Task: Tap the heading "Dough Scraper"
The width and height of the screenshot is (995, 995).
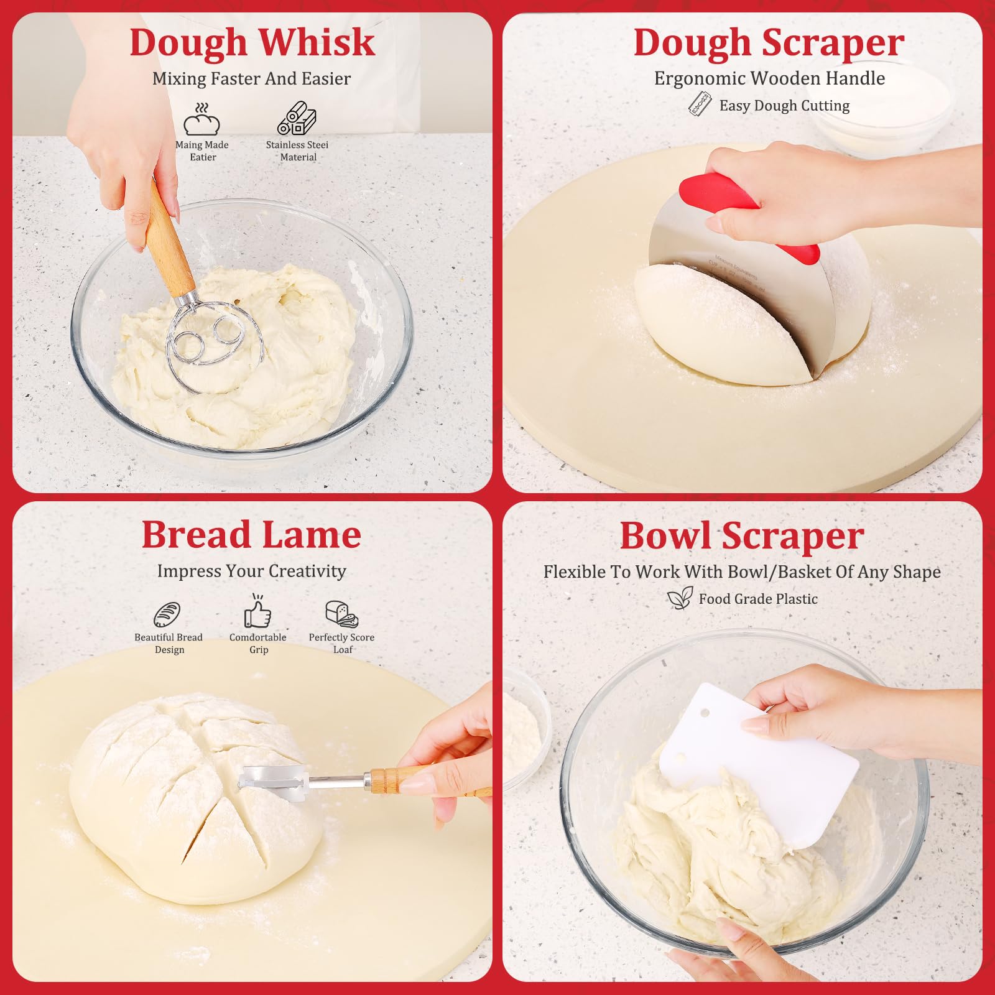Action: (x=769, y=44)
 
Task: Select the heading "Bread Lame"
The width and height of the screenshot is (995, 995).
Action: (x=251, y=535)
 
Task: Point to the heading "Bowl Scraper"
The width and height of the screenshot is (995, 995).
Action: (x=742, y=536)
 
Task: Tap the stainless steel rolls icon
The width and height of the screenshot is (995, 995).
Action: (x=297, y=118)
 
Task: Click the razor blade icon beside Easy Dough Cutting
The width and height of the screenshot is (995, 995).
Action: (x=700, y=104)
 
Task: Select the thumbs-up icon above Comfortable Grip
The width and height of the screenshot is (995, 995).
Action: (x=257, y=611)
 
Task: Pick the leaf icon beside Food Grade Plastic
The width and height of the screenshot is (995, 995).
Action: (x=680, y=598)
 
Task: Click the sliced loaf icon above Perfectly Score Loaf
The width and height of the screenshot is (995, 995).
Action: (x=341, y=614)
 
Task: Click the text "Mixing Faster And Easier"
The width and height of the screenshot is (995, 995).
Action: (x=251, y=78)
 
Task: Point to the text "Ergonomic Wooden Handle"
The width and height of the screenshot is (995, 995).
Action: (x=769, y=78)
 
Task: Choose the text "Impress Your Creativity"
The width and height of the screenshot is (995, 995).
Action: (x=251, y=571)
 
